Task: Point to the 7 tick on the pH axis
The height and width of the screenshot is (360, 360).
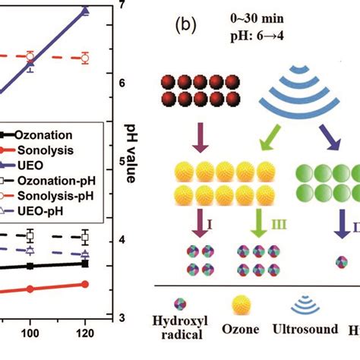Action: pos(115,6)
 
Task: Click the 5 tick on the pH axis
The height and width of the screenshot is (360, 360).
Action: pos(113,161)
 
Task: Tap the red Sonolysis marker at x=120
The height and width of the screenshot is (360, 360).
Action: pos(85,284)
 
